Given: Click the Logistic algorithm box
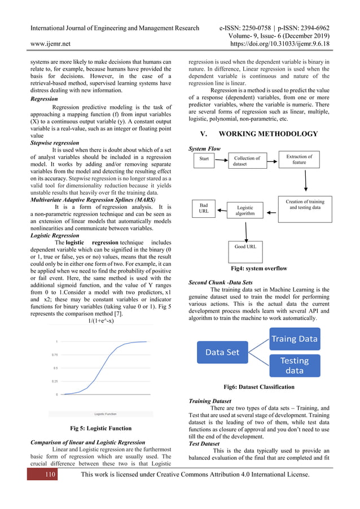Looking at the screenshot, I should [x=245, y=210].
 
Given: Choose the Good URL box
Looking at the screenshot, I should [x=245, y=247].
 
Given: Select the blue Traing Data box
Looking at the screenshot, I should [x=295, y=339].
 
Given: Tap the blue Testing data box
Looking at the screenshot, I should [x=294, y=365].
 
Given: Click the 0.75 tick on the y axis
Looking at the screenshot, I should [x=54, y=355].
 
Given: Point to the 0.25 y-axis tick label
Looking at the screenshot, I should [x=54, y=381].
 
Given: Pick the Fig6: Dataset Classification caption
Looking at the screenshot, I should [x=259, y=387].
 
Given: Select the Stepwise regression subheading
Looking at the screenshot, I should [x=55, y=143].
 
